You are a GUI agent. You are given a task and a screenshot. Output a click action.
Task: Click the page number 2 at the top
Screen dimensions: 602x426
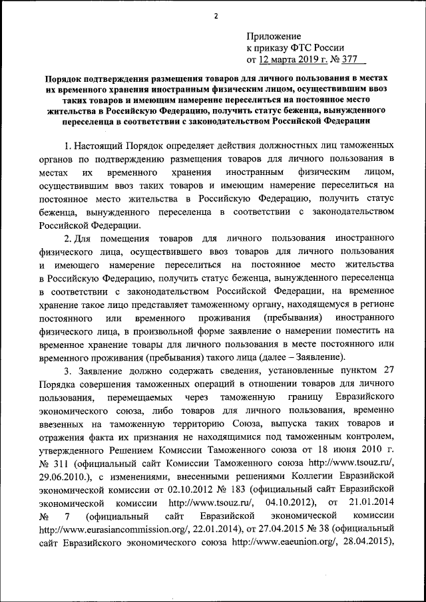(214, 16)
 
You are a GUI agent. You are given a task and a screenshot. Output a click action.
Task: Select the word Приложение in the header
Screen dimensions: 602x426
(274, 36)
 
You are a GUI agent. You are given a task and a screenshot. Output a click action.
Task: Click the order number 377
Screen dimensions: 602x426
(369, 60)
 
